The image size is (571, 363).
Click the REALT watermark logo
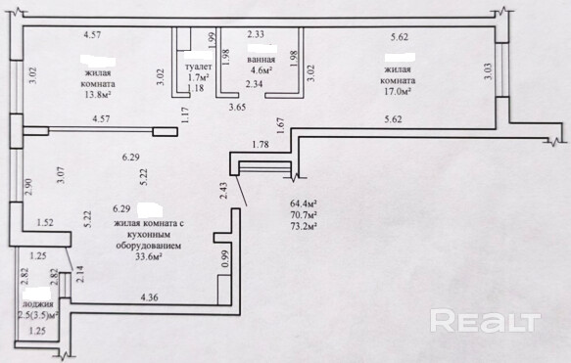[486, 321]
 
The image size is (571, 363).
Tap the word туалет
[199, 67]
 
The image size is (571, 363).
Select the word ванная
[261, 60]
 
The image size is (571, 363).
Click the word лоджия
[38, 304]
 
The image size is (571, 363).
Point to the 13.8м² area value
[98, 95]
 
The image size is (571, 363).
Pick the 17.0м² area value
[398, 91]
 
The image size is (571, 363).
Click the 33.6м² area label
[148, 256]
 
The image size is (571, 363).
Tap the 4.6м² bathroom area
[261, 70]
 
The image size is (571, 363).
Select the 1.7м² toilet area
[199, 77]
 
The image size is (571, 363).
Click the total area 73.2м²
[303, 226]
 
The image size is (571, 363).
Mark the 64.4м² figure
[303, 203]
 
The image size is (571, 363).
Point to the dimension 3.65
[237, 108]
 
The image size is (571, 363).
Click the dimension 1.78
[261, 145]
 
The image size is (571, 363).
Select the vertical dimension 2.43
[223, 190]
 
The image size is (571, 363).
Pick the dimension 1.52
[45, 223]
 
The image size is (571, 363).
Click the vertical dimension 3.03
[489, 71]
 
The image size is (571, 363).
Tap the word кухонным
[148, 235]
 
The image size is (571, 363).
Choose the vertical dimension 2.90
[28, 187]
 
